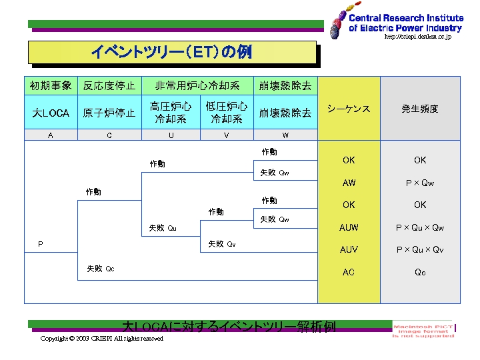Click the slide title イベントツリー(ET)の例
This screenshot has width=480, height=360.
[x=171, y=52]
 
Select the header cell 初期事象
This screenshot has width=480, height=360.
[x=51, y=86]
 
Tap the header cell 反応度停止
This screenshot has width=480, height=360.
[x=109, y=86]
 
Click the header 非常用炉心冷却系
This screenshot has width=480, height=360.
[x=197, y=86]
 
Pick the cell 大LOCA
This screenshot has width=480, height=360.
[x=51, y=113]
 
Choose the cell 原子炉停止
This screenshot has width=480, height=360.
[x=109, y=113]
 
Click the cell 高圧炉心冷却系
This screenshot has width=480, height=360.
[x=171, y=113]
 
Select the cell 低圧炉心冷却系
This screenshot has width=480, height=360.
[x=227, y=113]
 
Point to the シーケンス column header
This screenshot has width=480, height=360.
[x=349, y=109]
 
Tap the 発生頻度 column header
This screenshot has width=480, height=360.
[x=420, y=109]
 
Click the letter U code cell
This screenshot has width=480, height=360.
[x=171, y=135]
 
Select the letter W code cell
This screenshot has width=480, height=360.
[x=285, y=135]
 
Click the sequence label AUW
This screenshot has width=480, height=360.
[x=349, y=227]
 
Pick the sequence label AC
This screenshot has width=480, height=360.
[x=349, y=272]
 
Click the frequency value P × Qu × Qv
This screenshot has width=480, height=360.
[x=420, y=250]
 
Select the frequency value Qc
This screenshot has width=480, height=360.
[x=420, y=272]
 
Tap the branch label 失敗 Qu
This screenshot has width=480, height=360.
[x=163, y=228]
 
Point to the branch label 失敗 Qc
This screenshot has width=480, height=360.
[x=100, y=269]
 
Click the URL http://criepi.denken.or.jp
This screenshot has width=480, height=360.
[x=418, y=37]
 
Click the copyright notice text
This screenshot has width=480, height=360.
[x=101, y=339]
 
